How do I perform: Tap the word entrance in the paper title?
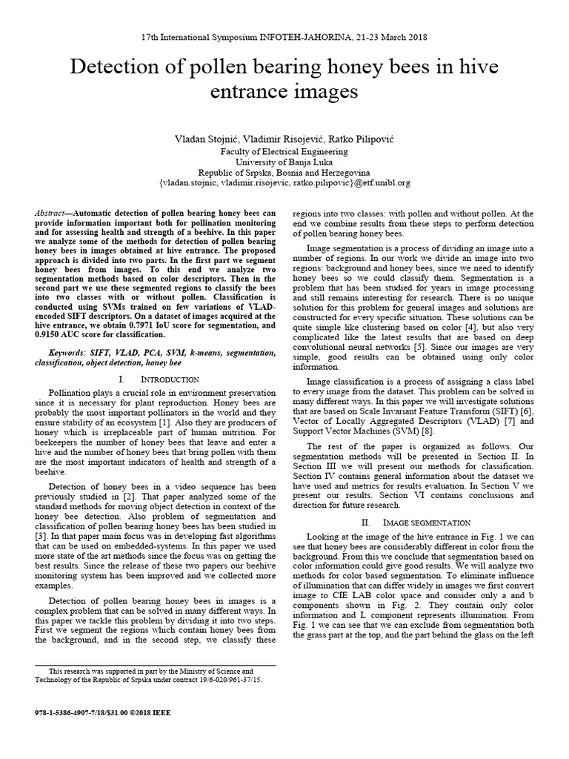pos(237,92)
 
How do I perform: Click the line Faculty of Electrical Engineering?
pos(284,150)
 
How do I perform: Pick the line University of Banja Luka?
pos(284,161)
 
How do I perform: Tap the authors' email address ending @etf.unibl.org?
pos(284,182)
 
